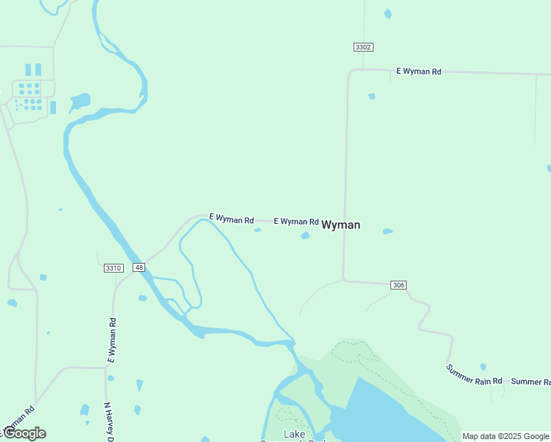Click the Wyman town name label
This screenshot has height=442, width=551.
(x=341, y=225)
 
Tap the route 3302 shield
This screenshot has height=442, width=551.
(x=362, y=47)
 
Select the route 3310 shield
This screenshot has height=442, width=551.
(x=113, y=268)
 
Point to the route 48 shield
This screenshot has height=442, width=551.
(x=138, y=267)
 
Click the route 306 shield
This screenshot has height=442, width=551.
(x=399, y=285)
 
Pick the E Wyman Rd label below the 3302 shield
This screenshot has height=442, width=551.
(x=418, y=71)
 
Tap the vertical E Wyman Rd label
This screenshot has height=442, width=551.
(x=112, y=340)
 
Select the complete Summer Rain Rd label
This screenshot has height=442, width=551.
(x=474, y=373)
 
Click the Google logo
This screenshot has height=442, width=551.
(x=24, y=433)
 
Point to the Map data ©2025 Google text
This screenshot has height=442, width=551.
(x=505, y=437)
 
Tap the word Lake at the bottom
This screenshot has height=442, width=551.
(x=294, y=434)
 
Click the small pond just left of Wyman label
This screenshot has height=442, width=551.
(x=305, y=236)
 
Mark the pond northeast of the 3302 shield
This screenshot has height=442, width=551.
(x=387, y=13)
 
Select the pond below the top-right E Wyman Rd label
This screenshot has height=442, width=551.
(x=372, y=96)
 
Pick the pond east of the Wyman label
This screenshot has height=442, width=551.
(x=387, y=231)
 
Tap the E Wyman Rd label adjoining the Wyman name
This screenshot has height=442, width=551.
(x=296, y=221)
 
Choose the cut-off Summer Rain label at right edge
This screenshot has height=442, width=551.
(x=530, y=382)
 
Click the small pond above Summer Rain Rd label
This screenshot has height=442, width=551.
(x=483, y=366)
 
